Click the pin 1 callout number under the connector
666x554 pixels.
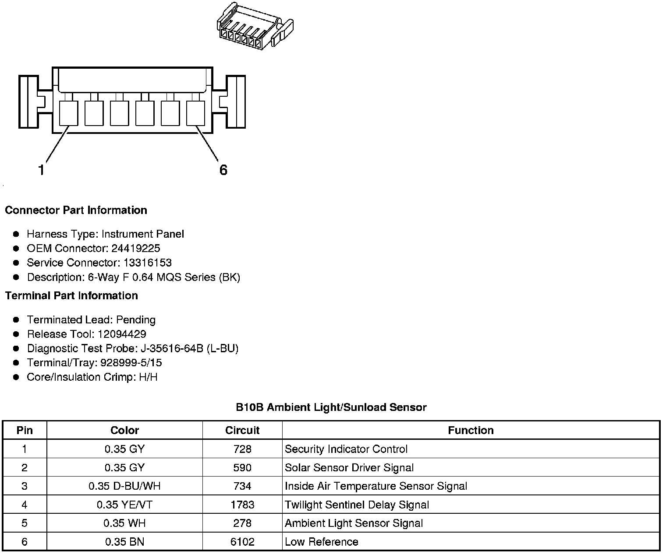[x=41, y=170]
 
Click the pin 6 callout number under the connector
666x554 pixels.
[x=223, y=170]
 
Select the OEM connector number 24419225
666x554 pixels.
[x=136, y=249]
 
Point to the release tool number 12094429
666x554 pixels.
[x=122, y=334]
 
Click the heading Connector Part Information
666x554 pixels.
[x=76, y=210]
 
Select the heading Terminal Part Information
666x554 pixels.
[x=71, y=296]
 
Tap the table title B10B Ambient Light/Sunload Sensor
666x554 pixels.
[x=331, y=407]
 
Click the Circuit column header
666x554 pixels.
[x=242, y=431]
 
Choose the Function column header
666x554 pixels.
[x=471, y=431]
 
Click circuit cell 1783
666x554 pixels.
[x=242, y=505]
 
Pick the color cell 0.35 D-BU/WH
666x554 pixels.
[x=124, y=486]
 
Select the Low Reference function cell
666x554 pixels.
[x=322, y=542]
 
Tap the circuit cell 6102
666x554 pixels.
[x=242, y=542]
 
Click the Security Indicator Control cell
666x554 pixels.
[x=346, y=449]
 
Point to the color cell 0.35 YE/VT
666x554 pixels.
[x=124, y=505]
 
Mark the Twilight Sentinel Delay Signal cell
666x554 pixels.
[x=357, y=505]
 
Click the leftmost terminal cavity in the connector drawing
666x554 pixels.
[x=68, y=113]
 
